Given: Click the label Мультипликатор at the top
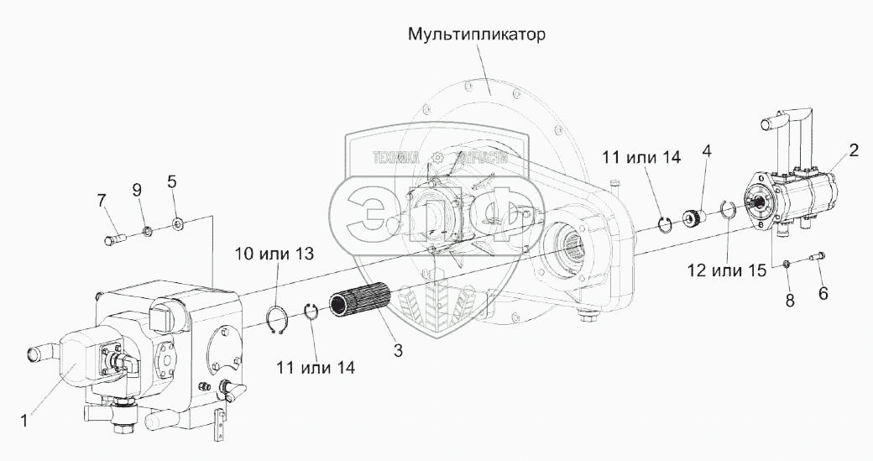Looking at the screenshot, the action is pyautogui.click(x=478, y=36).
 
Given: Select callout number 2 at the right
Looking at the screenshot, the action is pyautogui.click(x=853, y=151).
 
